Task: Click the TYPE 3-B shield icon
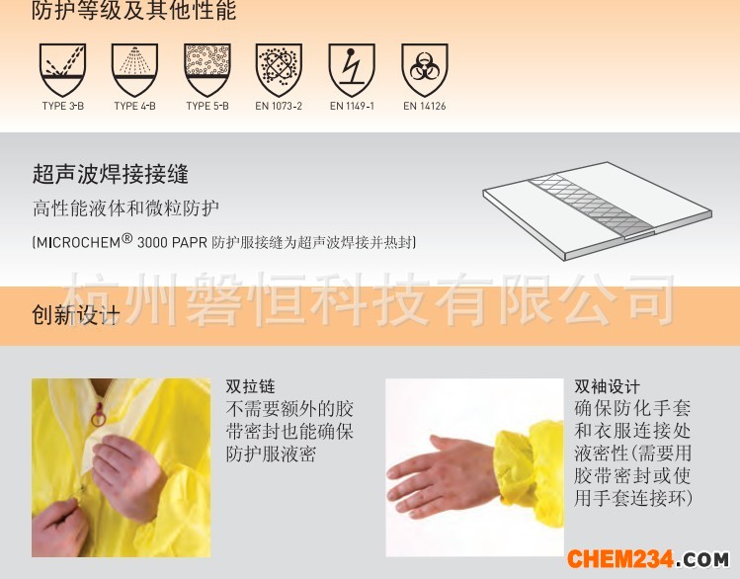click(63, 70)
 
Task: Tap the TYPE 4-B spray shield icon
click(135, 70)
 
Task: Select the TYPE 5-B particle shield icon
click(207, 70)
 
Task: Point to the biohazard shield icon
click(425, 70)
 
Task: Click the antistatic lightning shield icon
click(352, 70)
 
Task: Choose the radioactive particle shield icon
click(279, 70)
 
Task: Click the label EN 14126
click(425, 106)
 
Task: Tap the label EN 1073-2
click(279, 106)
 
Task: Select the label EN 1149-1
click(352, 106)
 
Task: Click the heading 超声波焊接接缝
click(111, 174)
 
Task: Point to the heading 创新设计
click(75, 314)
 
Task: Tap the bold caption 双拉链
click(250, 386)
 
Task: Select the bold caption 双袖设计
click(607, 386)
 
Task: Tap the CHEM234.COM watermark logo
click(648, 559)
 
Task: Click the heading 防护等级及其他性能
click(134, 11)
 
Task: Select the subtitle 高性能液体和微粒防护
click(126, 208)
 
